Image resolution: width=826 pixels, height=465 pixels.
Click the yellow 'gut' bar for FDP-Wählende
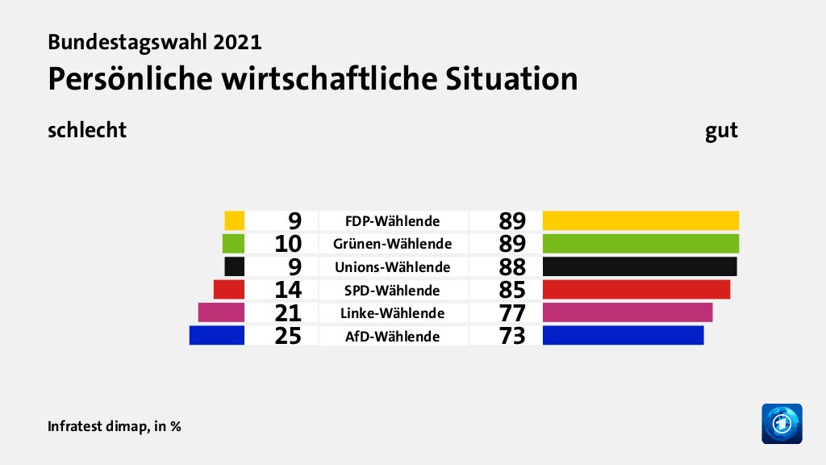click(640, 220)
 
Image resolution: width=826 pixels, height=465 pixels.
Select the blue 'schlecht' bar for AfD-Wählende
click(216, 335)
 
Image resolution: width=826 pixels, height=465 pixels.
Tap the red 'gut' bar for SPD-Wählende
click(636, 289)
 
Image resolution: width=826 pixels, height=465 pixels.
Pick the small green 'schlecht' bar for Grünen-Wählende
click(233, 243)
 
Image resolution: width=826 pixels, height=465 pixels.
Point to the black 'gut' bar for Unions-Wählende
click(640, 266)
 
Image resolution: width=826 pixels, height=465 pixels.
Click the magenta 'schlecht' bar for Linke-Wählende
click(221, 312)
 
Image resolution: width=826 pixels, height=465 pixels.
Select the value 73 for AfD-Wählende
click(512, 336)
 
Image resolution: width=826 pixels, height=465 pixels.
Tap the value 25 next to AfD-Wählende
click(287, 336)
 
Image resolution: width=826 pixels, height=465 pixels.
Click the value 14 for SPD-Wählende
click(287, 290)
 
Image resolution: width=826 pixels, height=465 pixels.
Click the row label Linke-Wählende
click(392, 313)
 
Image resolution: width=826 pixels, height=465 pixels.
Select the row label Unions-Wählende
click(392, 267)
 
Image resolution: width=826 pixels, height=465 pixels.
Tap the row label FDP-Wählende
click(392, 221)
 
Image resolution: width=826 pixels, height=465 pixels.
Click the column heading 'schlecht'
click(87, 130)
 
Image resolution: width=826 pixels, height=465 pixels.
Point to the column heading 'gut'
click(721, 130)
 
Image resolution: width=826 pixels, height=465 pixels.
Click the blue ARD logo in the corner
click(782, 423)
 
